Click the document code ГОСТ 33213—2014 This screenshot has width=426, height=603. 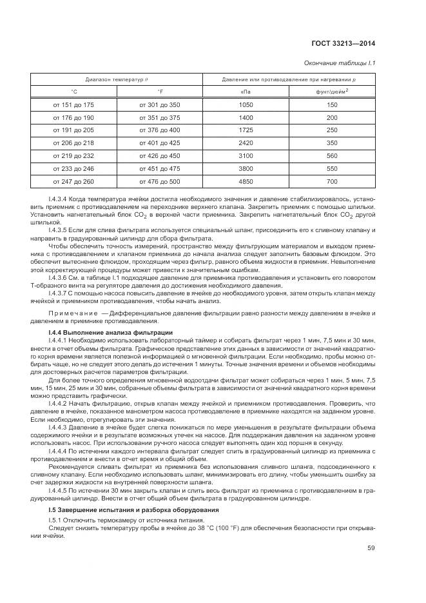point(344,44)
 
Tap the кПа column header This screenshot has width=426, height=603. point(246,92)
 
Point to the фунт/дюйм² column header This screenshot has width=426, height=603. point(333,92)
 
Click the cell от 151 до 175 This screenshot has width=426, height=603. point(73,104)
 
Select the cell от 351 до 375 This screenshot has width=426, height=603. point(159,118)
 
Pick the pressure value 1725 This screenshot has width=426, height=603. point(246,130)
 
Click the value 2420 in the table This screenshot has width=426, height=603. point(246,143)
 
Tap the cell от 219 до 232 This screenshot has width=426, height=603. point(73,156)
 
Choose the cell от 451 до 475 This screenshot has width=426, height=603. point(159,169)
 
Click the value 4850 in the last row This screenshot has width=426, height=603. point(246,182)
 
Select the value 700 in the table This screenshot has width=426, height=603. point(332,182)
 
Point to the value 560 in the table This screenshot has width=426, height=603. point(332,156)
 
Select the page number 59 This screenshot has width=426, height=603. point(371,549)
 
